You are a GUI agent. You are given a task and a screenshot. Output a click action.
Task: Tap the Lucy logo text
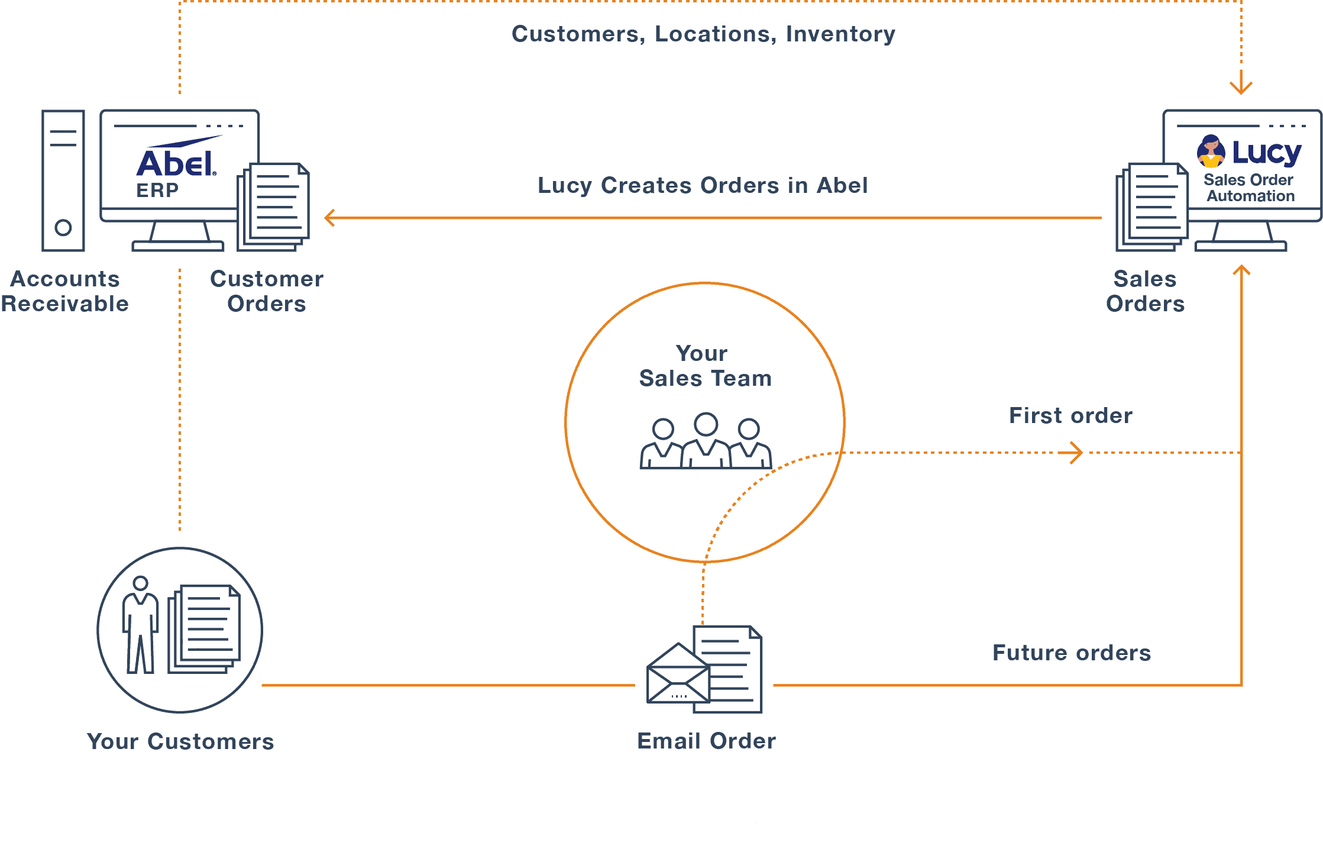(1266, 153)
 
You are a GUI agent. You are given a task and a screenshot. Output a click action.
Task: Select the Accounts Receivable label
(64, 291)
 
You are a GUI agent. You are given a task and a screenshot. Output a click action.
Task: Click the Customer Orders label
(267, 291)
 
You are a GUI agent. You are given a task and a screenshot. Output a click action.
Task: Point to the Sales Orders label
(1145, 291)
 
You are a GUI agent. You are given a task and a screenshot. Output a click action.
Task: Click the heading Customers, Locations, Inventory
(703, 34)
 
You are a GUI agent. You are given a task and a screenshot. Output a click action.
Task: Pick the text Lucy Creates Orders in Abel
(703, 185)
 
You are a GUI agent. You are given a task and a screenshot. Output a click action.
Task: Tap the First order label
(1070, 415)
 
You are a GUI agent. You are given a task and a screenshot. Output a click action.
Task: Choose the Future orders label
(1072, 653)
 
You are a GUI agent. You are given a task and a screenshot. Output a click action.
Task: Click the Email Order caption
(706, 741)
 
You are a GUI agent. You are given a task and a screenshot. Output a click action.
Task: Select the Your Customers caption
(180, 741)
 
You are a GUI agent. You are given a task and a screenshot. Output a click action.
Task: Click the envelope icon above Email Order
(678, 676)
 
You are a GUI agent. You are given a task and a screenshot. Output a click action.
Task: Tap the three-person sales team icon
(706, 442)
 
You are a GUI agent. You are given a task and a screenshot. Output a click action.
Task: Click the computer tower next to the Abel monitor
(63, 180)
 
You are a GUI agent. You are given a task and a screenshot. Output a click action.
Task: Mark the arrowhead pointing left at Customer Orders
(329, 218)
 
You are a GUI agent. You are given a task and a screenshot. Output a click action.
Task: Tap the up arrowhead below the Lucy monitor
(1241, 270)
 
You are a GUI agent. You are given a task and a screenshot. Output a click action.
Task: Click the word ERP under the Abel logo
(157, 191)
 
